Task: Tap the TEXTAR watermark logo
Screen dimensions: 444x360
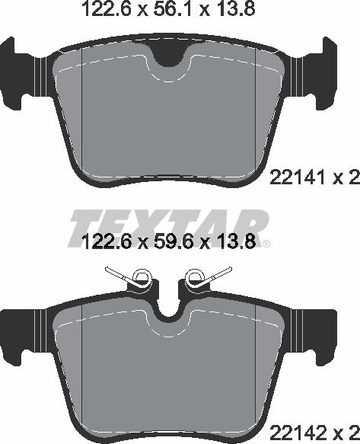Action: (169, 223)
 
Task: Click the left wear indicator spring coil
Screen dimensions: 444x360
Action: (140, 278)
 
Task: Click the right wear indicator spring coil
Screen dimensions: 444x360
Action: (195, 278)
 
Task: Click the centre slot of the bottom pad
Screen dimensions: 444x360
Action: (168, 305)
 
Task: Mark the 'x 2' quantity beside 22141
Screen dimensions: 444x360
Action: (344, 179)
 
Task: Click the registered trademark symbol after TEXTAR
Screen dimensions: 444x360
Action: (268, 245)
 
